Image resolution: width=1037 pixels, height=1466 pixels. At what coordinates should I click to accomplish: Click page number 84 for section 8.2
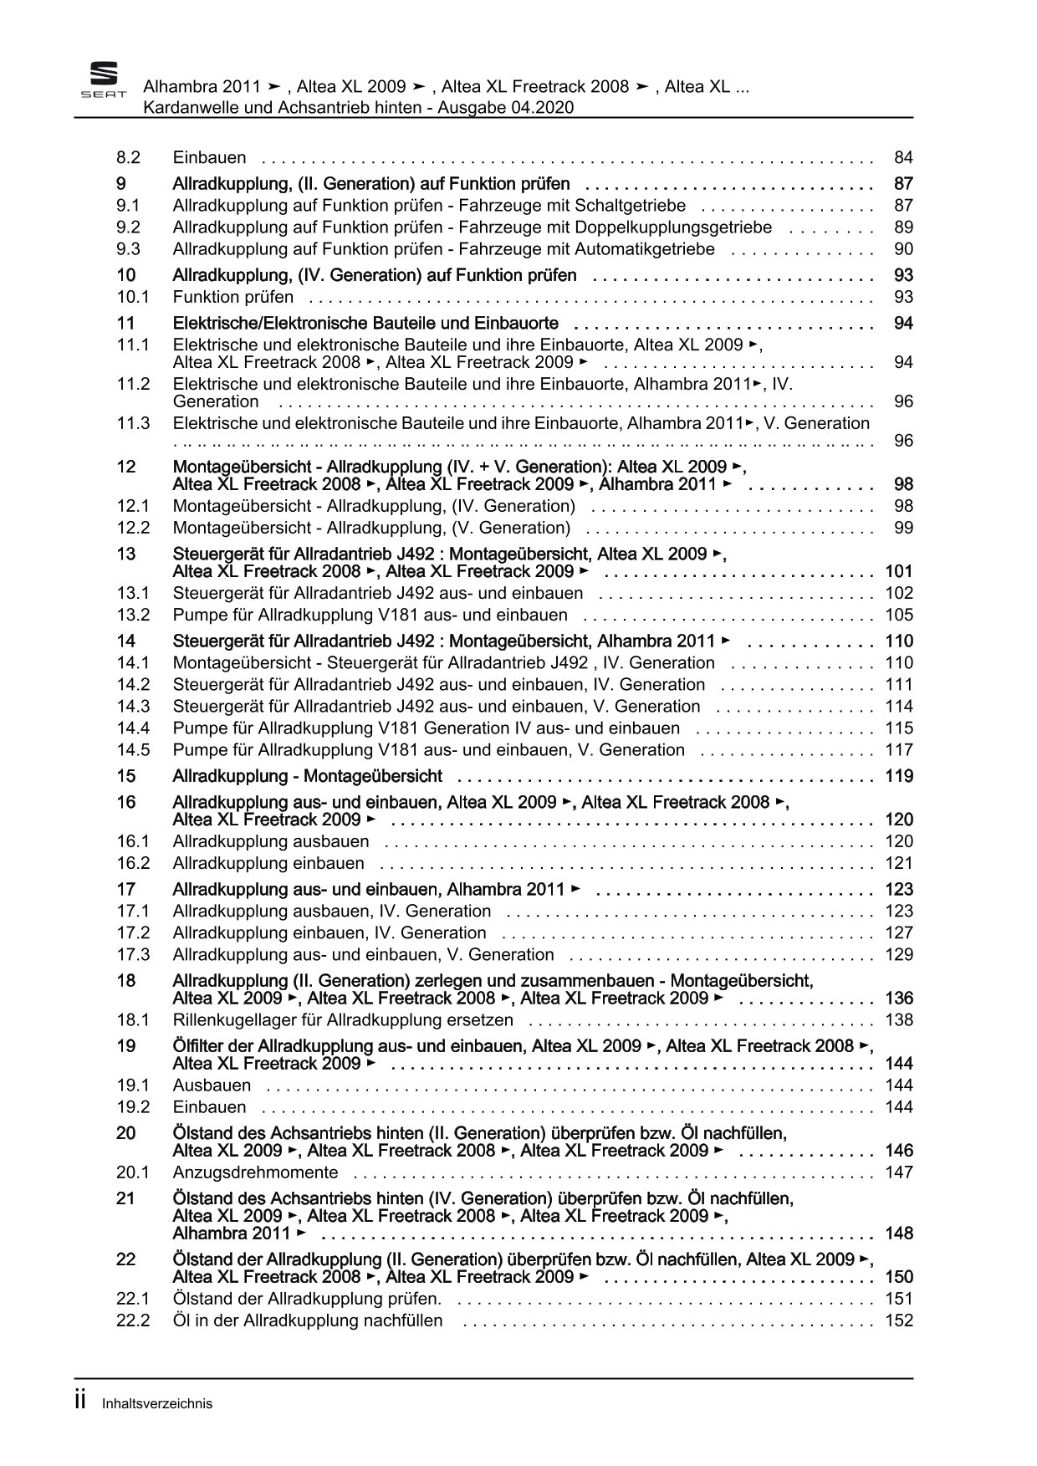[x=903, y=157]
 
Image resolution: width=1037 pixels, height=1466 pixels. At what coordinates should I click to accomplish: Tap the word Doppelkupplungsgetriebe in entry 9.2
[x=677, y=227]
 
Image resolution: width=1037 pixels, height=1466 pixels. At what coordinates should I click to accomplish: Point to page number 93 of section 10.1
[x=903, y=297]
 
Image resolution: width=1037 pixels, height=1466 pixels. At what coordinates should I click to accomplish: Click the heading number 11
[x=125, y=324]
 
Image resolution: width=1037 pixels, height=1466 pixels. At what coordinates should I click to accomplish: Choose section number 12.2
[x=132, y=528]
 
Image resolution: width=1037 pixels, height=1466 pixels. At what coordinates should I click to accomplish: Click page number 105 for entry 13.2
[x=899, y=615]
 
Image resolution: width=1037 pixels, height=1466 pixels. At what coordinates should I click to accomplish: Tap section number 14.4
[x=132, y=728]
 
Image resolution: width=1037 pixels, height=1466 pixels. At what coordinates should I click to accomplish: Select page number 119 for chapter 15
[x=899, y=776]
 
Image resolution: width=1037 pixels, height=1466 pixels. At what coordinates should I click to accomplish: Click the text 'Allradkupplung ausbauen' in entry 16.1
[x=271, y=841]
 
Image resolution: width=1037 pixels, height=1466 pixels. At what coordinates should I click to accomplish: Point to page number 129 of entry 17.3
[x=899, y=954]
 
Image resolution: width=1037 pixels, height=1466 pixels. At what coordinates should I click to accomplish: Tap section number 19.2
[x=132, y=1107]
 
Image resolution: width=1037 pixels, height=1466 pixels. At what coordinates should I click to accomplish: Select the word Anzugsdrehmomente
[x=255, y=1172]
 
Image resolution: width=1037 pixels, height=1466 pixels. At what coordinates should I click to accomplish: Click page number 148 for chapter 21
[x=899, y=1234]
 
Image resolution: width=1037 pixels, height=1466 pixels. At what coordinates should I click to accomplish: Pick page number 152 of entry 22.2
[x=899, y=1320]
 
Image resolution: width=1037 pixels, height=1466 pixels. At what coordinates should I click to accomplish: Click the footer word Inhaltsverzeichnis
[x=157, y=1404]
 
